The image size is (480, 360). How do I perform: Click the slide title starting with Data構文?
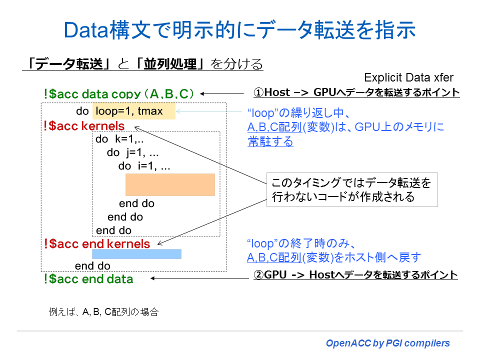[x=240, y=30]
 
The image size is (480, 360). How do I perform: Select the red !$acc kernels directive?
[x=84, y=126]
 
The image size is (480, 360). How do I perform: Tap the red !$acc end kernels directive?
[x=96, y=243]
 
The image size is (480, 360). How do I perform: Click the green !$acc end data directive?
[x=88, y=279]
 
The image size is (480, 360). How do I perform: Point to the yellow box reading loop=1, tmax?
[x=133, y=111]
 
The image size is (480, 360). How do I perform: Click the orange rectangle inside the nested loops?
[x=170, y=184]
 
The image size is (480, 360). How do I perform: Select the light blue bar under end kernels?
[x=136, y=254]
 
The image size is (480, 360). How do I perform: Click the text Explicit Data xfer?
[x=408, y=77]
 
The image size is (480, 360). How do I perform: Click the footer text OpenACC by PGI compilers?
[x=387, y=343]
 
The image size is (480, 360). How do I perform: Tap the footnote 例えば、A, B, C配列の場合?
[x=103, y=312]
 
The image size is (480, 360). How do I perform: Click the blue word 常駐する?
[x=270, y=141]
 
